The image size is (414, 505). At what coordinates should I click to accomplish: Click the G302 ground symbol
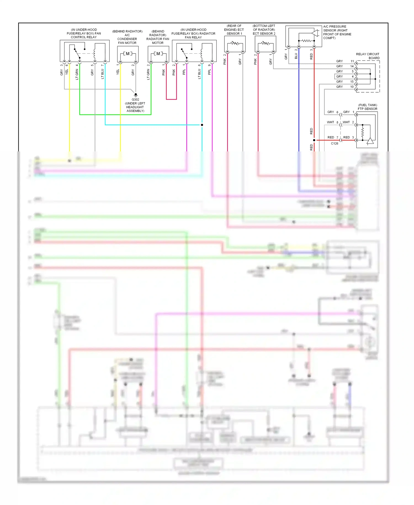click(136, 95)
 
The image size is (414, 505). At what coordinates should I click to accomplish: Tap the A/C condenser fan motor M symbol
click(128, 54)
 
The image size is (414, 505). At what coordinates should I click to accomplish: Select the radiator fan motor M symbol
click(158, 54)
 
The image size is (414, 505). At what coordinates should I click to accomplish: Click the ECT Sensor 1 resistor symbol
click(235, 43)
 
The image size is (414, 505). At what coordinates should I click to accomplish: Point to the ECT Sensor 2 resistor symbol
click(266, 43)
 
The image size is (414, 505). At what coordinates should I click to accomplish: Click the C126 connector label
click(335, 143)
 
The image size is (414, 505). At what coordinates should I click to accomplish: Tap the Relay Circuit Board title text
click(368, 56)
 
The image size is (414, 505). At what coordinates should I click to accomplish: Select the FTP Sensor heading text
click(367, 107)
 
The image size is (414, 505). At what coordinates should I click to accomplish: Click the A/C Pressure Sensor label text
click(337, 32)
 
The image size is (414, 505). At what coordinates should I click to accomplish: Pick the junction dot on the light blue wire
click(202, 125)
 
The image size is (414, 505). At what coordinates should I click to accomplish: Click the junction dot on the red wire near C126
click(314, 140)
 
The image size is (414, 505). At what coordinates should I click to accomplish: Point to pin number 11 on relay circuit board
click(352, 61)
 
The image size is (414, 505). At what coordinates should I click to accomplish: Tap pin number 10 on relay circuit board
click(352, 87)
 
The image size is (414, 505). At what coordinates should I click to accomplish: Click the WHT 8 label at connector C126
click(333, 122)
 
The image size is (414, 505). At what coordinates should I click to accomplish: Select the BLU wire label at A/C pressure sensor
click(296, 56)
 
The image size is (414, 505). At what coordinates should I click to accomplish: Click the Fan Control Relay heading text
click(84, 33)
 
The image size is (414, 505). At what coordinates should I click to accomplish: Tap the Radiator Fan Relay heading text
click(193, 33)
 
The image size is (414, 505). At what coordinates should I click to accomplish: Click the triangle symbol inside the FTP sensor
click(370, 141)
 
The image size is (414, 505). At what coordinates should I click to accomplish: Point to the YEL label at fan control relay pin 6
click(67, 72)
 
